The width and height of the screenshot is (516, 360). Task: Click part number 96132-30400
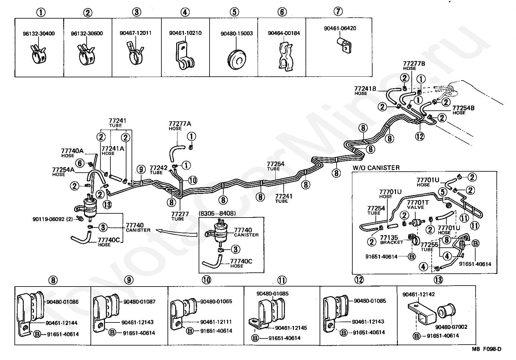(x=39, y=34)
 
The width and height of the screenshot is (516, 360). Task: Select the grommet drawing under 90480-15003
(x=236, y=59)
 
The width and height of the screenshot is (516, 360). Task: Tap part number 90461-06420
(x=340, y=28)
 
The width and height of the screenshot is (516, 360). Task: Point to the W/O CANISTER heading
(x=376, y=168)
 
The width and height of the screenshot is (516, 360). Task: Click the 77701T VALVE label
(x=417, y=204)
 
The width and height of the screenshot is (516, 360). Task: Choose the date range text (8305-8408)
(x=217, y=213)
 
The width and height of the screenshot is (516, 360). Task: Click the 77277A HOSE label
(x=180, y=126)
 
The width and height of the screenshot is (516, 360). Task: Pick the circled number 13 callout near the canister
(x=107, y=204)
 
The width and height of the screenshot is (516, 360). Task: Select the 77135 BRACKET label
(x=391, y=240)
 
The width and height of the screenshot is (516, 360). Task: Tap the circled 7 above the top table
(x=338, y=11)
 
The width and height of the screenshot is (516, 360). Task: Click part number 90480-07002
(x=451, y=327)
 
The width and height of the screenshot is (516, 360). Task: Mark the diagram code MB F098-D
(x=486, y=349)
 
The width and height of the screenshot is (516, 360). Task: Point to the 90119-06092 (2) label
(x=53, y=219)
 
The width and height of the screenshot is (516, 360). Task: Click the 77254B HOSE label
(x=463, y=110)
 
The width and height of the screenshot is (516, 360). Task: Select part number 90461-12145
(x=291, y=328)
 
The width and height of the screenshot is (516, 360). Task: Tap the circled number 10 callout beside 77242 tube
(x=193, y=180)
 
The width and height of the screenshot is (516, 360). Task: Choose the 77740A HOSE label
(x=72, y=153)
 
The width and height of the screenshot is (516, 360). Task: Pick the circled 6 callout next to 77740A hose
(x=80, y=163)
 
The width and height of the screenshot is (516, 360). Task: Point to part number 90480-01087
(x=140, y=302)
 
